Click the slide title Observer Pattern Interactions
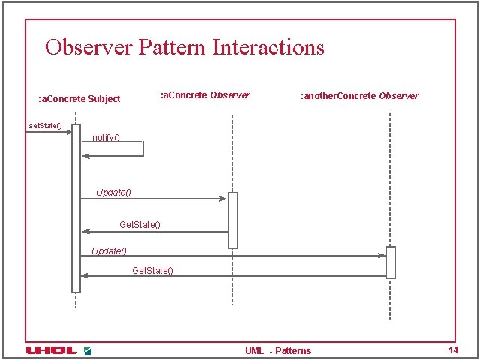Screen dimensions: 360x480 [184, 47]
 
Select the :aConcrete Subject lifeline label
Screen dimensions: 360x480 [79, 99]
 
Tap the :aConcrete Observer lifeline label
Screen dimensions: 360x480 [205, 95]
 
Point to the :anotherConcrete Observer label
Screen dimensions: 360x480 [359, 96]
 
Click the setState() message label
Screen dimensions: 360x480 [45, 125]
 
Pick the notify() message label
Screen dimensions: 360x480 [106, 137]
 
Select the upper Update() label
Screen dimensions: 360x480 [113, 193]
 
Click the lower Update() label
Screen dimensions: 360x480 [109, 250]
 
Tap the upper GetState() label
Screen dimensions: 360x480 [139, 225]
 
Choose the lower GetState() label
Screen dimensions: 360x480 [152, 270]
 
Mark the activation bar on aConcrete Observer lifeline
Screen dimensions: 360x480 [233, 220]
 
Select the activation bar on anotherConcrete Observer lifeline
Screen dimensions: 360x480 [390, 262]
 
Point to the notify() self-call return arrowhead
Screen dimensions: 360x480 [85, 156]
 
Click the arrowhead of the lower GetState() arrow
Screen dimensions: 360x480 [85, 276]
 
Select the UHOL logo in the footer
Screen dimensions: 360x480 [51, 350]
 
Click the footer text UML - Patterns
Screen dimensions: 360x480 [277, 351]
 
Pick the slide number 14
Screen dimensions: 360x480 [452, 350]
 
